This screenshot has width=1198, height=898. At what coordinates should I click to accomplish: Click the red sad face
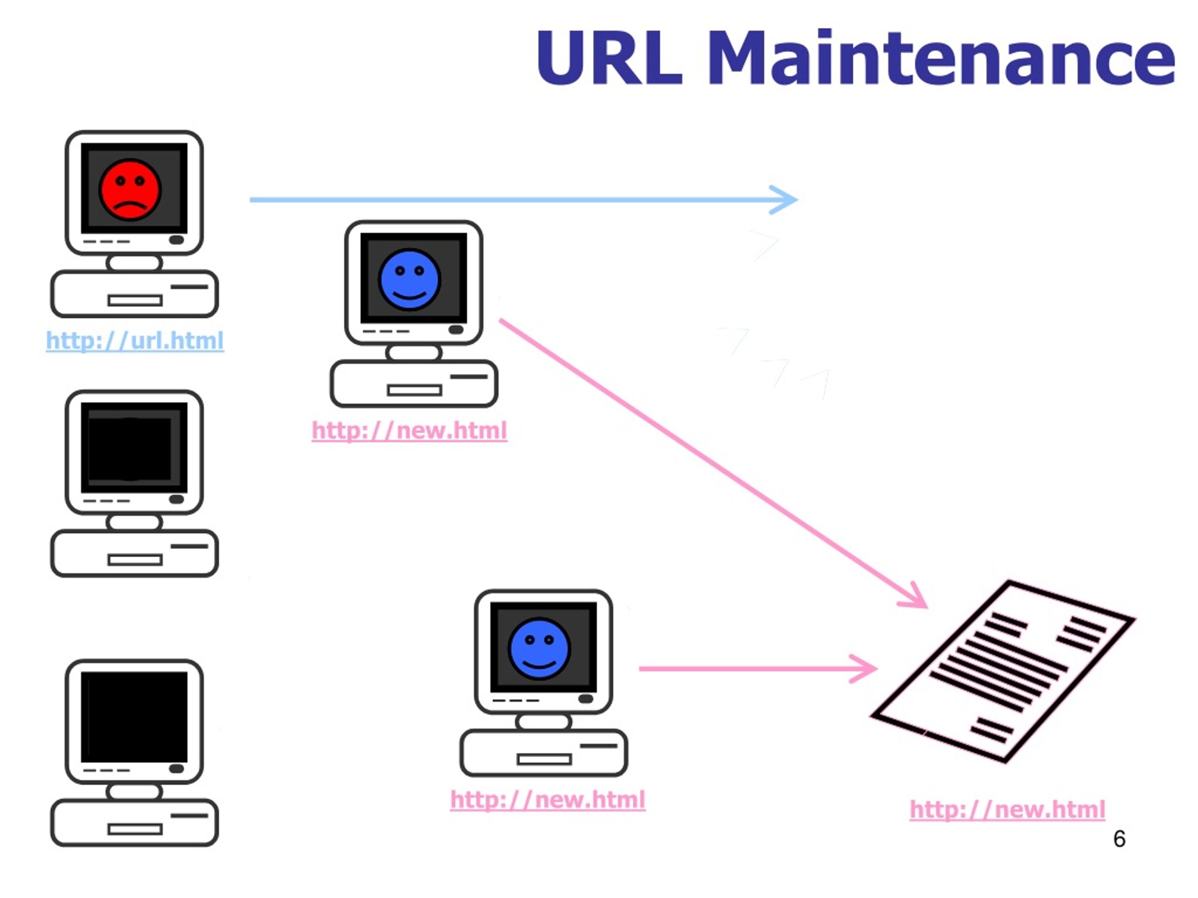tap(130, 189)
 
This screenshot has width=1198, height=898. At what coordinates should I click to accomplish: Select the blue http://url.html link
tap(135, 340)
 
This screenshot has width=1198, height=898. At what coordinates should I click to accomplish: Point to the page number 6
tap(1119, 839)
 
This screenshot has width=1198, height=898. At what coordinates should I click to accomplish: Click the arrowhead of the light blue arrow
tap(786, 200)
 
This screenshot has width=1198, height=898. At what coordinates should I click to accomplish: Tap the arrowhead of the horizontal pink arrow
tap(867, 668)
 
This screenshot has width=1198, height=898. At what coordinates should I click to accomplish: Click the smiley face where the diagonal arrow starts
tap(409, 279)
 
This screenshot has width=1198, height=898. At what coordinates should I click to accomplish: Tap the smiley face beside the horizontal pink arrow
tap(539, 648)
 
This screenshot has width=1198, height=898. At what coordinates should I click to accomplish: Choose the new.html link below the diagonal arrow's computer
tap(409, 430)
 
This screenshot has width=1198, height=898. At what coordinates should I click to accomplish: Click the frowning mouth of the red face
tap(130, 206)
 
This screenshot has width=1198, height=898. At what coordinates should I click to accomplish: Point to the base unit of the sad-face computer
tap(134, 293)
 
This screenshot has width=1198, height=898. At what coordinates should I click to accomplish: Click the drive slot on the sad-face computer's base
tap(135, 300)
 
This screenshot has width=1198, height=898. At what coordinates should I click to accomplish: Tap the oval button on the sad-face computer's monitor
tap(176, 240)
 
